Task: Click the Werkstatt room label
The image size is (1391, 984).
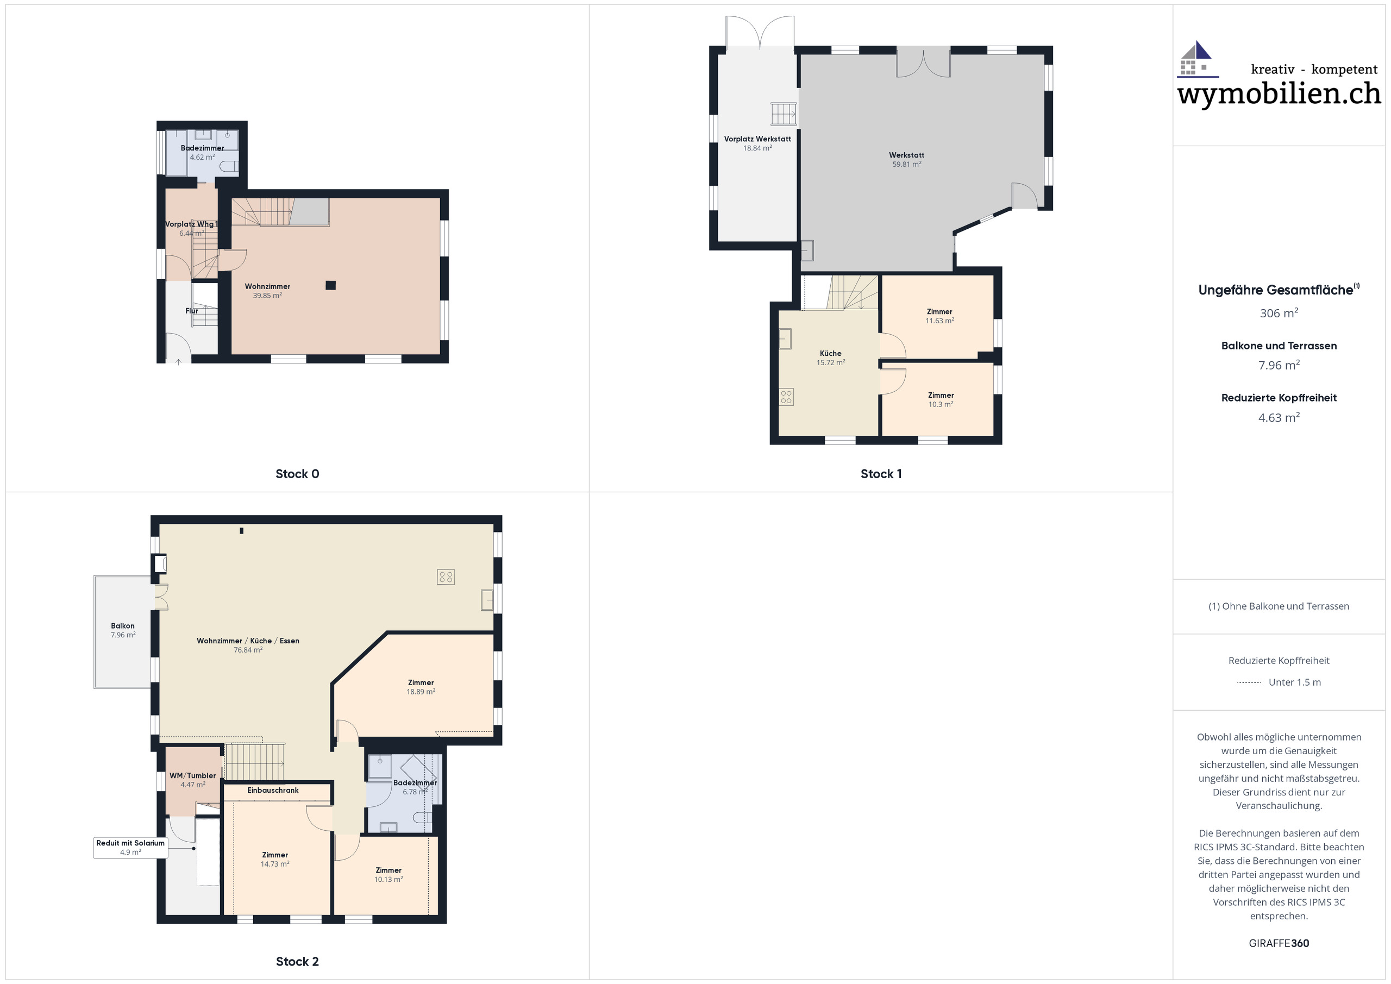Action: click(x=906, y=155)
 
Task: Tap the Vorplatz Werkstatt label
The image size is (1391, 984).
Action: click(x=757, y=139)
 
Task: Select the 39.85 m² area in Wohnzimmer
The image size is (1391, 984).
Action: click(x=267, y=296)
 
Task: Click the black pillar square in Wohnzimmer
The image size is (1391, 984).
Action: click(x=330, y=285)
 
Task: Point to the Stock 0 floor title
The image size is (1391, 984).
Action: click(x=297, y=474)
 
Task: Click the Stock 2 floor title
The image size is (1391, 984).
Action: click(x=297, y=961)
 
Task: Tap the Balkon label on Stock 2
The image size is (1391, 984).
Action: click(x=122, y=626)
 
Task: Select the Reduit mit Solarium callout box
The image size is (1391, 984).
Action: click(x=130, y=847)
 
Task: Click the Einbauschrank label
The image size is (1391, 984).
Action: click(x=273, y=790)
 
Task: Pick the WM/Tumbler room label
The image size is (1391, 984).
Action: click(x=193, y=775)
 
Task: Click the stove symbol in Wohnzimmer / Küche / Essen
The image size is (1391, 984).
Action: click(x=446, y=577)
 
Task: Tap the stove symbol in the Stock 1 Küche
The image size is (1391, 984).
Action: click(x=786, y=397)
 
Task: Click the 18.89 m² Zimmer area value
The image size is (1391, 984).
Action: click(x=421, y=691)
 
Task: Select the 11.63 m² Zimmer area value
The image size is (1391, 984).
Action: click(x=939, y=321)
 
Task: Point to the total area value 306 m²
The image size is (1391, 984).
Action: click(x=1279, y=314)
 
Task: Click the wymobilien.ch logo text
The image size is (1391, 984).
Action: click(x=1279, y=94)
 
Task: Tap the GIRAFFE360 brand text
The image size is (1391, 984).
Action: click(x=1279, y=943)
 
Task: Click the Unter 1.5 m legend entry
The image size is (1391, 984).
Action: click(x=1294, y=682)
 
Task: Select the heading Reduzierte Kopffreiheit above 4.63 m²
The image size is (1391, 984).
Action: click(x=1279, y=398)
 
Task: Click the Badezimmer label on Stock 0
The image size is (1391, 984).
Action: click(x=202, y=148)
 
